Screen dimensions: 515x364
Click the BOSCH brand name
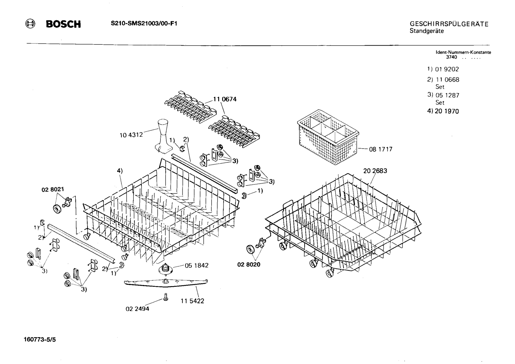pos(63,24)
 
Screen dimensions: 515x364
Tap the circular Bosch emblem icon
pos(30,24)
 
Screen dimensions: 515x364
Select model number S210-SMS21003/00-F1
pos(144,24)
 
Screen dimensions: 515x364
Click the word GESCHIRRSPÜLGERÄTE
pos(449,24)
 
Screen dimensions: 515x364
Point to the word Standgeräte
pos(427,31)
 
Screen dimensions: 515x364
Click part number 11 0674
pos(225,99)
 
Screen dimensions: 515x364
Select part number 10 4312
pos(131,135)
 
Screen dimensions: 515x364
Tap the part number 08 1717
pos(381,149)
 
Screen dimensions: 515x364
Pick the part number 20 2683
pos(375,171)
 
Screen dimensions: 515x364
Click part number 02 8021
pos(52,189)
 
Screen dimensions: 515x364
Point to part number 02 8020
pos(249,265)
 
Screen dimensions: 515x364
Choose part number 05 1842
pos(196,265)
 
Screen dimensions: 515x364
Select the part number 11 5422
pos(192,301)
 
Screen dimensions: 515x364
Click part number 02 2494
pos(137,309)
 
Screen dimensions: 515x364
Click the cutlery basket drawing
pos(328,137)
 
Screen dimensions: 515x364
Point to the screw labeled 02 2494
pos(166,297)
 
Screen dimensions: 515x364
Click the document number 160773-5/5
pos(40,340)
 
